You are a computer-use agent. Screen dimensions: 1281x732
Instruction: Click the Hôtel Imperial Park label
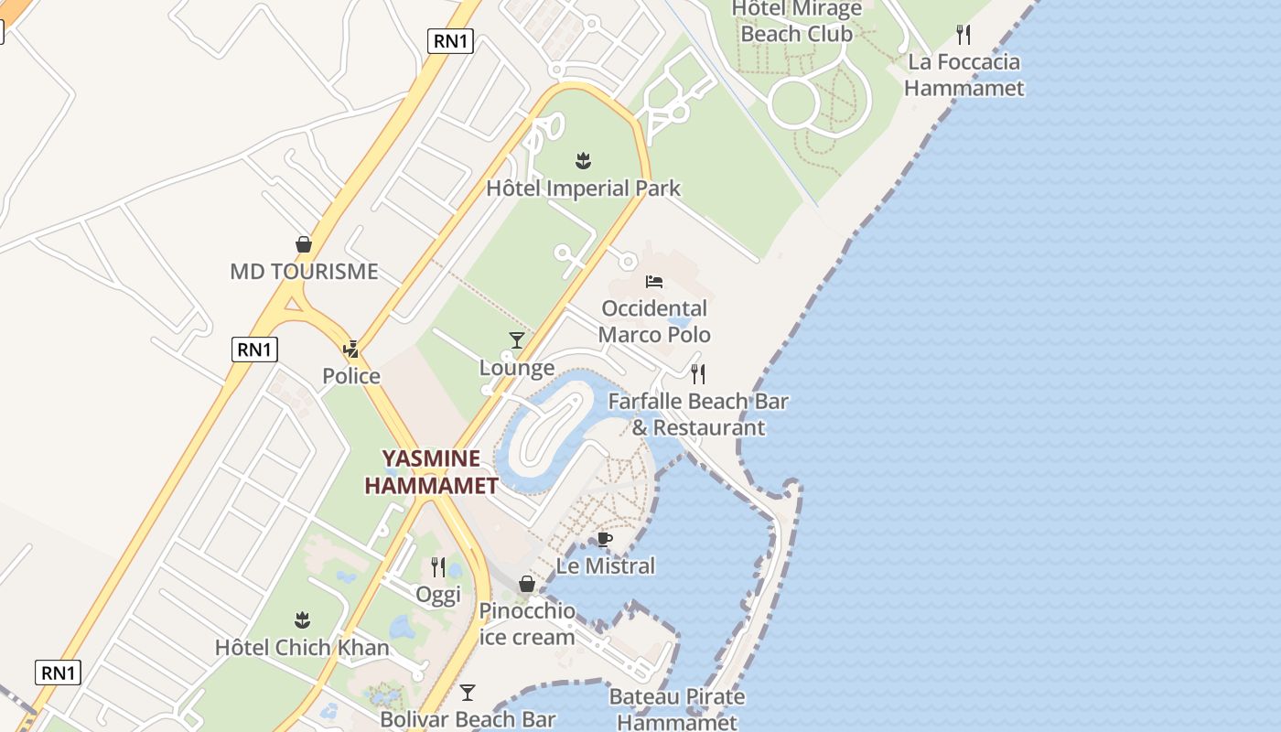[x=583, y=188]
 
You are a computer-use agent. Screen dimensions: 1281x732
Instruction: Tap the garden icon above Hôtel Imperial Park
[x=583, y=162]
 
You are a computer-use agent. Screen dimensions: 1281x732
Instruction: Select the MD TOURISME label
[x=304, y=272]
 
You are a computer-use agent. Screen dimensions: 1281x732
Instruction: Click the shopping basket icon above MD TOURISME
[x=304, y=244]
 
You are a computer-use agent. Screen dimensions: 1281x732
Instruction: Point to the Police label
[x=351, y=376]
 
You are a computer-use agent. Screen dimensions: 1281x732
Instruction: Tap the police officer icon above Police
[x=351, y=349]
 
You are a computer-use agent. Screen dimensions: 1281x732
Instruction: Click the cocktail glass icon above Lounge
[x=517, y=340]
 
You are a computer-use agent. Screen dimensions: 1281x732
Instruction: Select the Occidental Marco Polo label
[x=654, y=321]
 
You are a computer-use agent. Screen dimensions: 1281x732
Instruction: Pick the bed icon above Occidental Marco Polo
[x=654, y=281]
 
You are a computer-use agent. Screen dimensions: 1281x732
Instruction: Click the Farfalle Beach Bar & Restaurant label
[x=698, y=414]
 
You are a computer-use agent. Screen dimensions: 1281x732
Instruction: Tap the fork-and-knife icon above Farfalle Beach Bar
[x=698, y=373]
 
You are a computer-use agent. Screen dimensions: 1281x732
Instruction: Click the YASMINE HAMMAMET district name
[x=432, y=471]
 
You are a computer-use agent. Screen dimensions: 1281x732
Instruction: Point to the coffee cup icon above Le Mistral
[x=604, y=539]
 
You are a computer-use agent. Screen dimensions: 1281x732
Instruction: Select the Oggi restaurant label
[x=438, y=595]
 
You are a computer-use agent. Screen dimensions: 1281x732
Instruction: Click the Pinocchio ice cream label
[x=527, y=623]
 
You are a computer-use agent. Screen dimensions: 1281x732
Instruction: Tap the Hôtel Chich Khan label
[x=302, y=648]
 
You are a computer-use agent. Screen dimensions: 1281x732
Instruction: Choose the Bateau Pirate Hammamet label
[x=677, y=709]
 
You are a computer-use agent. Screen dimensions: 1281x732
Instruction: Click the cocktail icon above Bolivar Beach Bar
[x=468, y=693]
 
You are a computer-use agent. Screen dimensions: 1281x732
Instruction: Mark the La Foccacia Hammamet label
[x=963, y=75]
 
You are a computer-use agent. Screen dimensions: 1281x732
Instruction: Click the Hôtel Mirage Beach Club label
[x=797, y=22]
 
